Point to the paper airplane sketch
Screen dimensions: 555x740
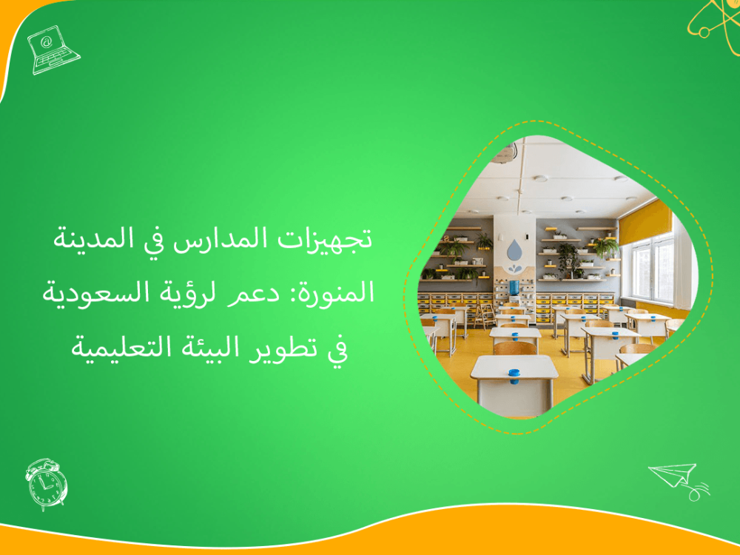[677, 478]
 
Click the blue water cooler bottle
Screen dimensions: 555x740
[513, 288]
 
